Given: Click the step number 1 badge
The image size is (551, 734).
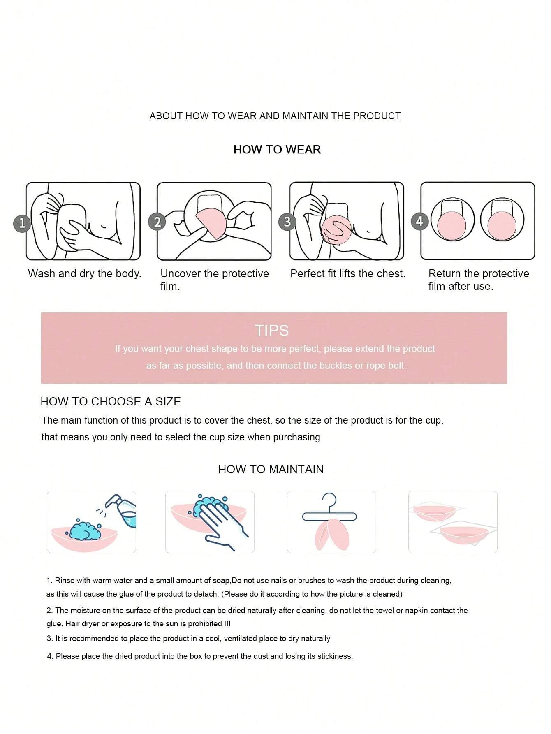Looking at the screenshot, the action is tap(22, 222).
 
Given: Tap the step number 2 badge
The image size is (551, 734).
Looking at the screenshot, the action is tap(157, 222).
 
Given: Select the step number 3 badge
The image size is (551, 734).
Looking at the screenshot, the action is tap(287, 222).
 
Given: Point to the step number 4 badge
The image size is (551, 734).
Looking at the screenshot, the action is tap(419, 221).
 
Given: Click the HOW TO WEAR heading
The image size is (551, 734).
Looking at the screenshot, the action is tap(277, 149).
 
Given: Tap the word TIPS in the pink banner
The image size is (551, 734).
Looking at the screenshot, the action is tap(272, 331).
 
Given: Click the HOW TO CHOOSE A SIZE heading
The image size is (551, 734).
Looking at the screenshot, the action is tap(111, 401).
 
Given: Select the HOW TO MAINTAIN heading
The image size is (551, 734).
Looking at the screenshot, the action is tap(271, 469).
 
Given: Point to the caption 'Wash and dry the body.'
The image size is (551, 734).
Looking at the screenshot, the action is tap(85, 273).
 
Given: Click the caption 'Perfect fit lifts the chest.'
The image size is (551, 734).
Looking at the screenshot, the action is tap(348, 273).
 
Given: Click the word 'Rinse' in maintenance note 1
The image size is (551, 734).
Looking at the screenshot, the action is tap(65, 581).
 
